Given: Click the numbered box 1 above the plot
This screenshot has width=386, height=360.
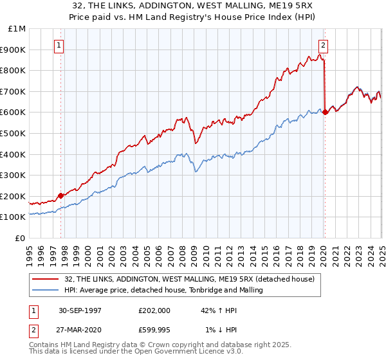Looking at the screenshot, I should [x=59, y=45].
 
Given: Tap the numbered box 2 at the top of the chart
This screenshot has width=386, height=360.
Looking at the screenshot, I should [x=322, y=45].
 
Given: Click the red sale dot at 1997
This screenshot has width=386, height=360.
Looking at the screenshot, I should [x=61, y=195].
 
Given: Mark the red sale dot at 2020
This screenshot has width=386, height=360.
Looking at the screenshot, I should [x=325, y=112].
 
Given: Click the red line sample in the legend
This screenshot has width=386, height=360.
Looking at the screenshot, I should [x=44, y=279].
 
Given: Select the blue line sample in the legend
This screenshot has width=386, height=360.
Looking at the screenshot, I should [x=44, y=290].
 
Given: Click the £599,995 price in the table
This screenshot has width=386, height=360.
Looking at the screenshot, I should [x=154, y=330].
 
